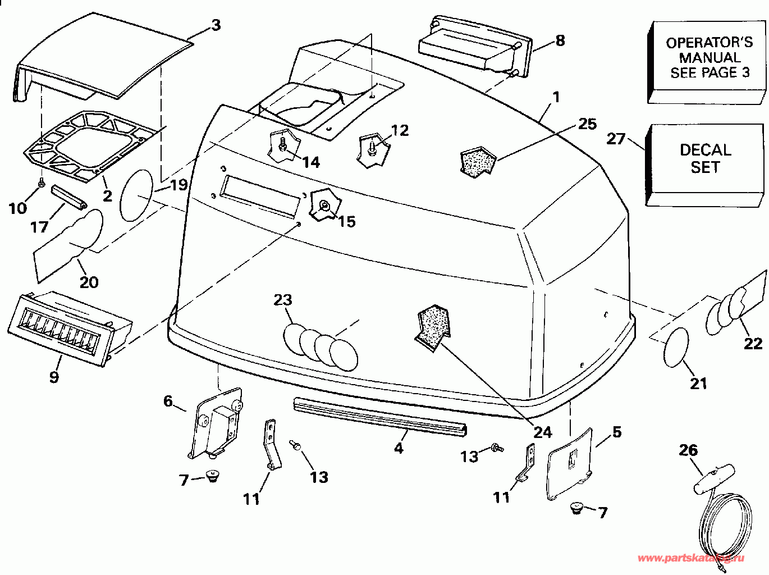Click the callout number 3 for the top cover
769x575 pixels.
(216, 25)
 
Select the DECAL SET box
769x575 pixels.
(706, 159)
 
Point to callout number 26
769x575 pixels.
(688, 450)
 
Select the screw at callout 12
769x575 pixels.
(372, 148)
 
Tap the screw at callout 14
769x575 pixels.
(282, 144)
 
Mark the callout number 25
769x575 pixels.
(587, 124)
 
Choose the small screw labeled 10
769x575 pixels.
(41, 182)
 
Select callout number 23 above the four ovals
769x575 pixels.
(283, 299)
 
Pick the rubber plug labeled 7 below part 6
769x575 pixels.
(212, 477)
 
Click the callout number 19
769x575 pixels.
(178, 185)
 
